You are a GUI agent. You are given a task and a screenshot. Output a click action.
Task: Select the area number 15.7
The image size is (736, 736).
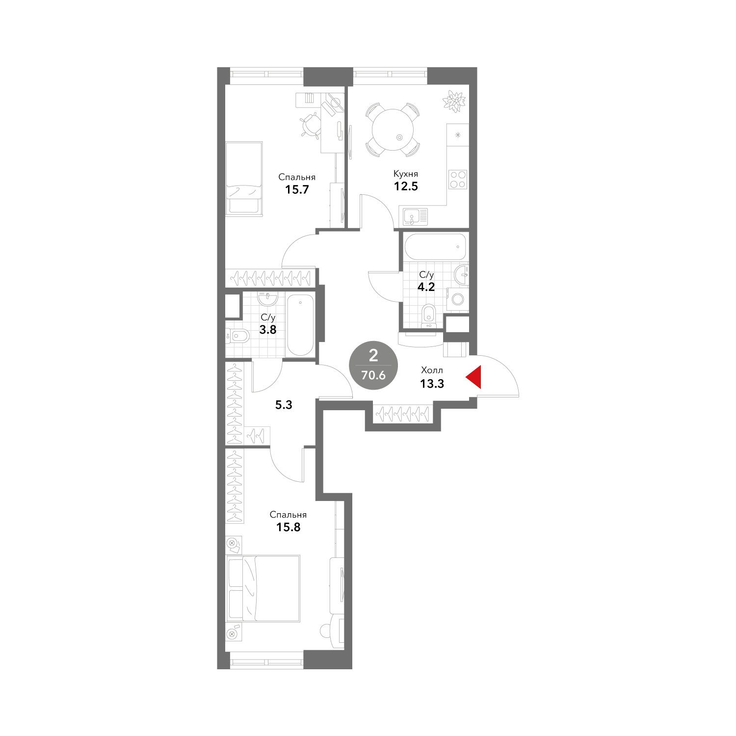coord(297,189)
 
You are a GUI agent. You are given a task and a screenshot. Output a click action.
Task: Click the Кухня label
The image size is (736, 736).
coord(406,174)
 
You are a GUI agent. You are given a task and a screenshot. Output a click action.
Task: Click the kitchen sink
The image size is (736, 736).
coord(415,215)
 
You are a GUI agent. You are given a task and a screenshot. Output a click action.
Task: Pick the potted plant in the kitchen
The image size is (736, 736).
coord(454,101)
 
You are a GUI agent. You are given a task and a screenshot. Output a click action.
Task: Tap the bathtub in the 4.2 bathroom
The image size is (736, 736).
coord(435,247)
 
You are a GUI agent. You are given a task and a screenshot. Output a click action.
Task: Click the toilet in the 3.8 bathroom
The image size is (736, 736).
coord(238,336)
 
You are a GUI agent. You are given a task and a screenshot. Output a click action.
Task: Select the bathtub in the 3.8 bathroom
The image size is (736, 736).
coord(300,324)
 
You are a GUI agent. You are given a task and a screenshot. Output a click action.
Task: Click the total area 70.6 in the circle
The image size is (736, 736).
coord(373,376)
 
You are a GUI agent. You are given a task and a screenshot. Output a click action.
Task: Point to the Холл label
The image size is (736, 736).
coord(432,370)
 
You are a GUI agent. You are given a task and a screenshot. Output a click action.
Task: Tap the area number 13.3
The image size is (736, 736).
coord(432,384)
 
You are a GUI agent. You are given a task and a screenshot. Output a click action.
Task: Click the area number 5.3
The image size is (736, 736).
coord(284,405)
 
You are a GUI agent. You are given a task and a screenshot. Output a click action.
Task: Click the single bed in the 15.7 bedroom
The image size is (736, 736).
coord(244,178)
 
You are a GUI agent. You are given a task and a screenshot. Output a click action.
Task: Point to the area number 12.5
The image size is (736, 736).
coord(406,186)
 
